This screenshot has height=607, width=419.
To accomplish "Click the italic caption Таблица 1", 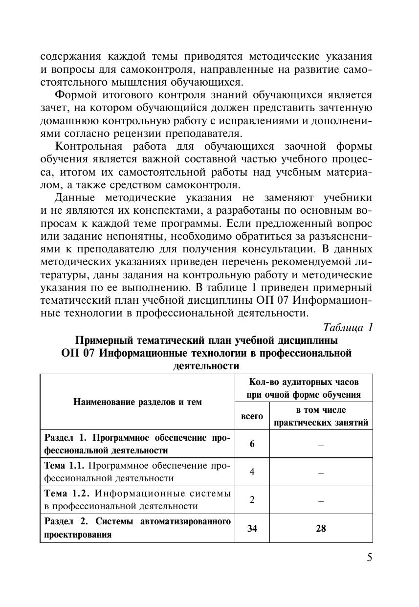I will coord(348,327).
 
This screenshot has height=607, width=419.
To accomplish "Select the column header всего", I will coord(252,416).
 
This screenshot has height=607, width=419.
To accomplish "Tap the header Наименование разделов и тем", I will coord(137,402).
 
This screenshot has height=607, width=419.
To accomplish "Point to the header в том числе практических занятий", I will coord(321,416).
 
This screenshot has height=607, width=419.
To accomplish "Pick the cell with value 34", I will coord(252,528).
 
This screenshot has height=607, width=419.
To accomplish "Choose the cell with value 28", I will coord(321,528).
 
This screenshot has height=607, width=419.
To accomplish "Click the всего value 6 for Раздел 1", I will coord(252,444).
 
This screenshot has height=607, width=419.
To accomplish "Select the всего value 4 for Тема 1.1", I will coord(252,472).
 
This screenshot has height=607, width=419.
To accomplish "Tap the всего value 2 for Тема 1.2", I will coord(252,500).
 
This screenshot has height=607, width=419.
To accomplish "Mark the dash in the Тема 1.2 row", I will coord(321,500).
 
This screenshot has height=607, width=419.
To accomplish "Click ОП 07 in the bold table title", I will coord(78,353).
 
